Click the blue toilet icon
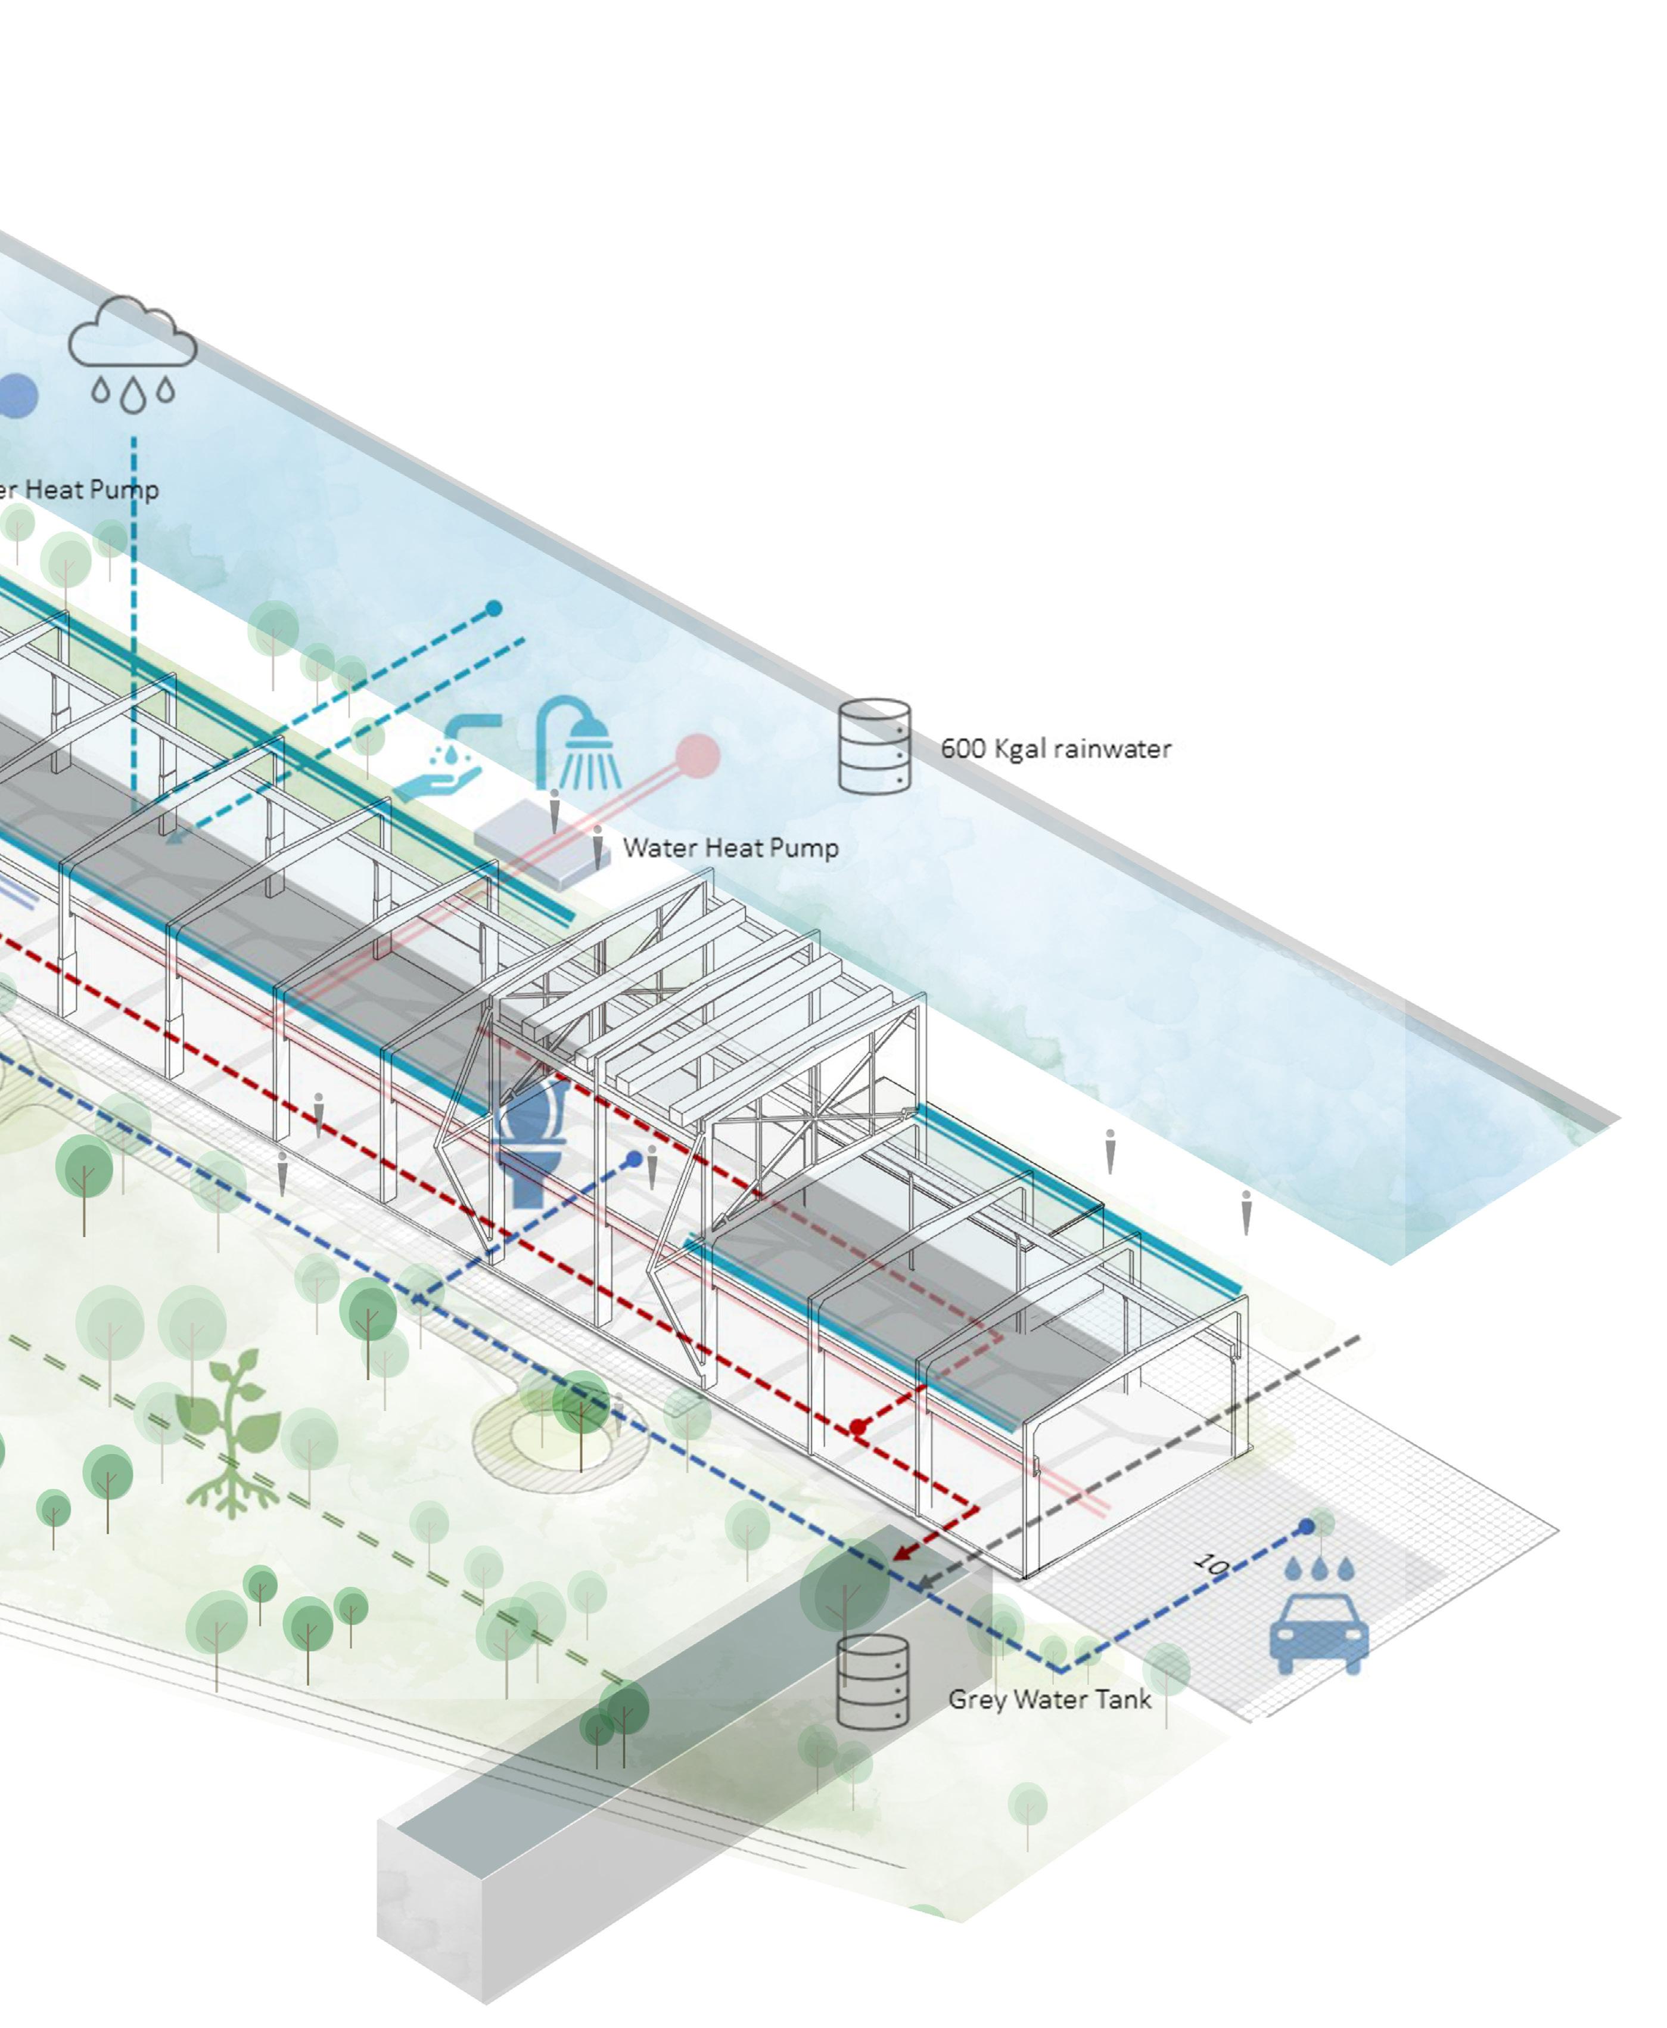coord(530,1139)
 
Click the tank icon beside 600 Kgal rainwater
coord(874,746)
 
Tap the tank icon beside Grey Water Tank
coord(872,1682)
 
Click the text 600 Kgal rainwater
coord(1055,748)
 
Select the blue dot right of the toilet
coord(634,1159)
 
